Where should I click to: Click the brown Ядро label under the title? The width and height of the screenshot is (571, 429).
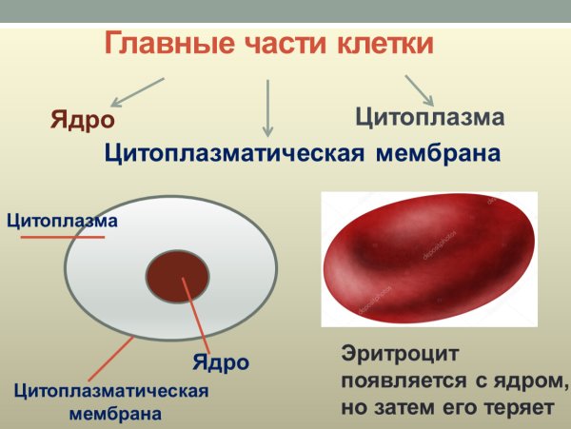pos(83,120)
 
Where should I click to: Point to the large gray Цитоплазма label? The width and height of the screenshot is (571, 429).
pos(428,118)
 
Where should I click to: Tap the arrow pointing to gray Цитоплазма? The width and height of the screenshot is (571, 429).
pos(419,90)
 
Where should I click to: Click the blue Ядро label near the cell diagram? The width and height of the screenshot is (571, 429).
pos(221,362)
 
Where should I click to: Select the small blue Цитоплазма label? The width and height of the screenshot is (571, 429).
pos(62,222)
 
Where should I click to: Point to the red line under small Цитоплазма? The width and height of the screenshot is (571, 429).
pos(63,236)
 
